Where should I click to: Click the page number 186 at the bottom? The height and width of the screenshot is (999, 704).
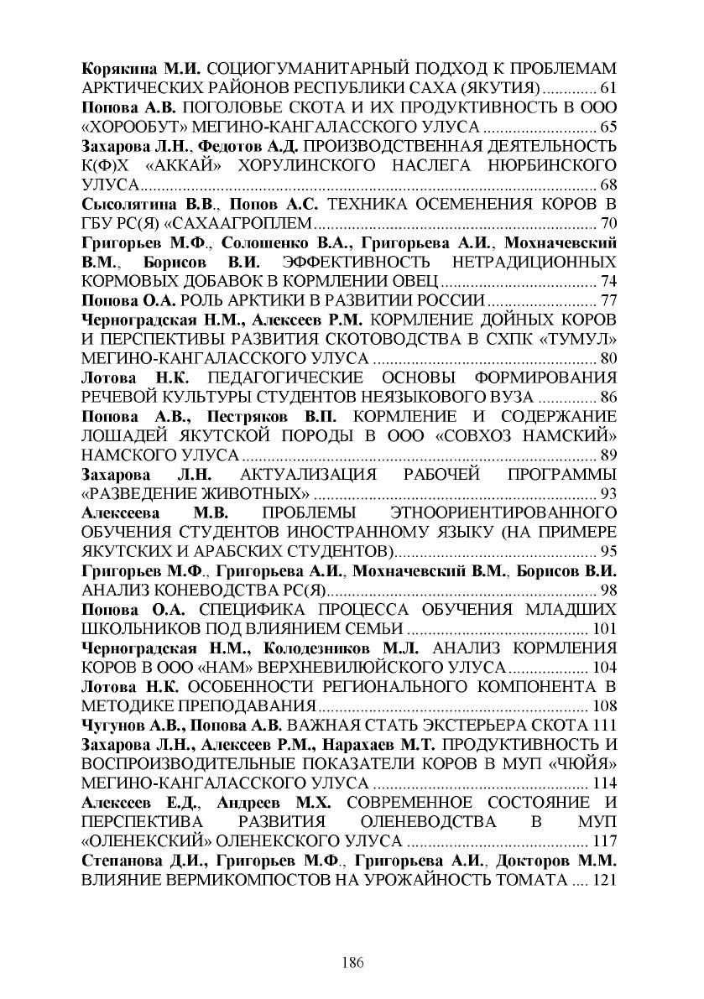coord(352,963)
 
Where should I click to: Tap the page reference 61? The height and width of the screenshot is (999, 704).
coord(609,88)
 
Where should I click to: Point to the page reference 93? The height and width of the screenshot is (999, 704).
coord(609,493)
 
